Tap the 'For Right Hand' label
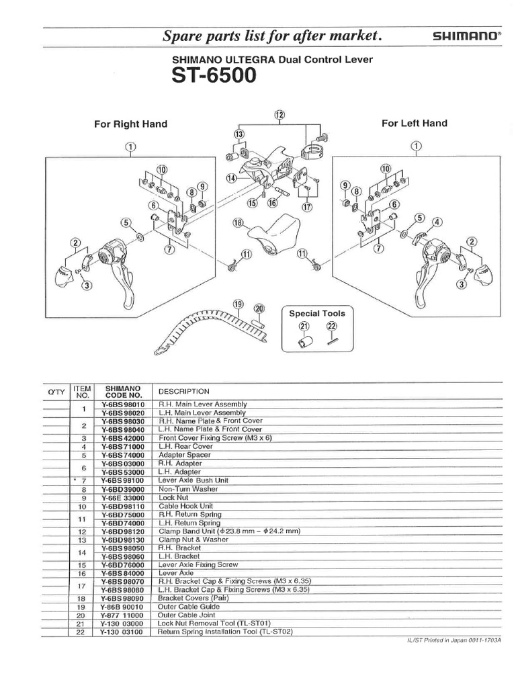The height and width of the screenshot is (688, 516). pos(130,124)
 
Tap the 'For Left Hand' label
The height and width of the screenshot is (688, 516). pos(414,123)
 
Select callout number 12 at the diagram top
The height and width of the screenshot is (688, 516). pos(279,115)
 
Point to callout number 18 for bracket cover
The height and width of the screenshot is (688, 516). pos(237,223)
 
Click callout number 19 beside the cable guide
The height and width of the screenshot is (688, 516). pos(238,304)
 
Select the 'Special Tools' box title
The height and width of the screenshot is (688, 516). pos(316,313)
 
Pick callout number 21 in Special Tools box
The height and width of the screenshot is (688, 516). pos(304,327)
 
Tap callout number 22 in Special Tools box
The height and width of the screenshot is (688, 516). pos(331,327)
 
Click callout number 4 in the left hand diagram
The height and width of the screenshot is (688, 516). pos(437,222)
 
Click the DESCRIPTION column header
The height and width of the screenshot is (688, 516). pos(183,391)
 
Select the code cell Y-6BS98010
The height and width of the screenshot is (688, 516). pos(122,404)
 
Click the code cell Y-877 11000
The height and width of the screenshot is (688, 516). pos(122,614)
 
